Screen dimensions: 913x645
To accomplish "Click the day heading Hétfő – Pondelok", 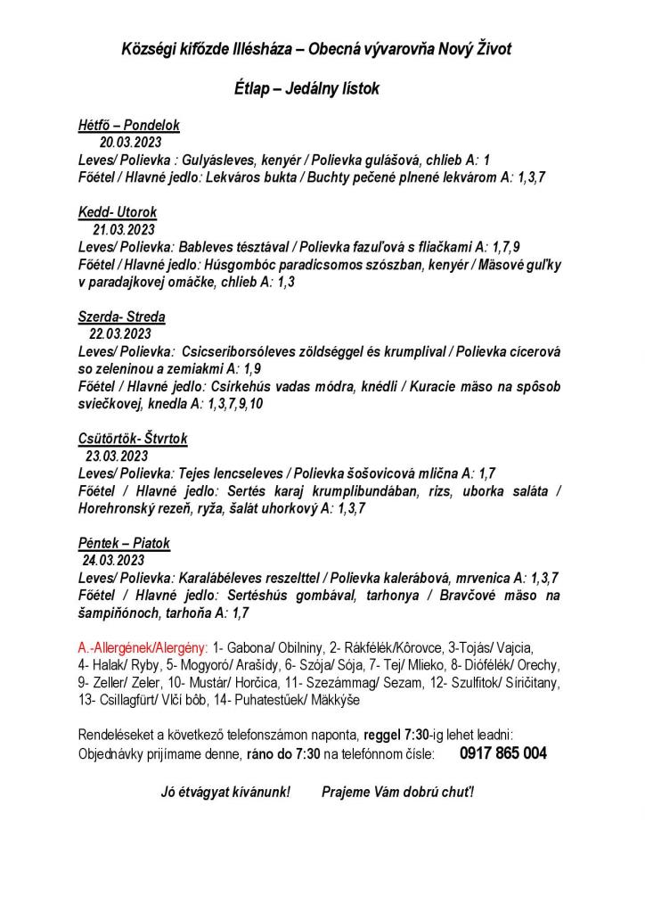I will [x=128, y=126].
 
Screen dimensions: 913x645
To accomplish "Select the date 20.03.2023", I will [x=130, y=143].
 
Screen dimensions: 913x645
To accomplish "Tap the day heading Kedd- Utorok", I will [x=118, y=212].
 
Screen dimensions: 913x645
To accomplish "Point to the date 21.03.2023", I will [x=124, y=229].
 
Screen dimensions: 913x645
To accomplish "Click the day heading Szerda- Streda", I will [x=121, y=317].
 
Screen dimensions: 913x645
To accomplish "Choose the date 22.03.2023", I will [x=120, y=334].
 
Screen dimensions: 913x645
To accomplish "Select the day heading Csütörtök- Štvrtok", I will [x=133, y=439].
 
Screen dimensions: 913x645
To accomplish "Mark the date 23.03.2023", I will [x=117, y=456].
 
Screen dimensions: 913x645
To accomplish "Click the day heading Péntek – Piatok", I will [x=124, y=543].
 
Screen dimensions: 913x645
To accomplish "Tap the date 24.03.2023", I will [x=113, y=561].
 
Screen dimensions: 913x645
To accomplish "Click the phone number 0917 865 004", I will [x=503, y=753].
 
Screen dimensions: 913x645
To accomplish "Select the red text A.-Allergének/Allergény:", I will [x=143, y=647].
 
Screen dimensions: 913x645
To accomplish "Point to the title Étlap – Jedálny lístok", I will [x=306, y=89].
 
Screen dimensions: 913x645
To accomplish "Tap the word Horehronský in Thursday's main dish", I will [x=118, y=508].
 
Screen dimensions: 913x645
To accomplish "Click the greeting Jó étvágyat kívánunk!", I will [x=225, y=792].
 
